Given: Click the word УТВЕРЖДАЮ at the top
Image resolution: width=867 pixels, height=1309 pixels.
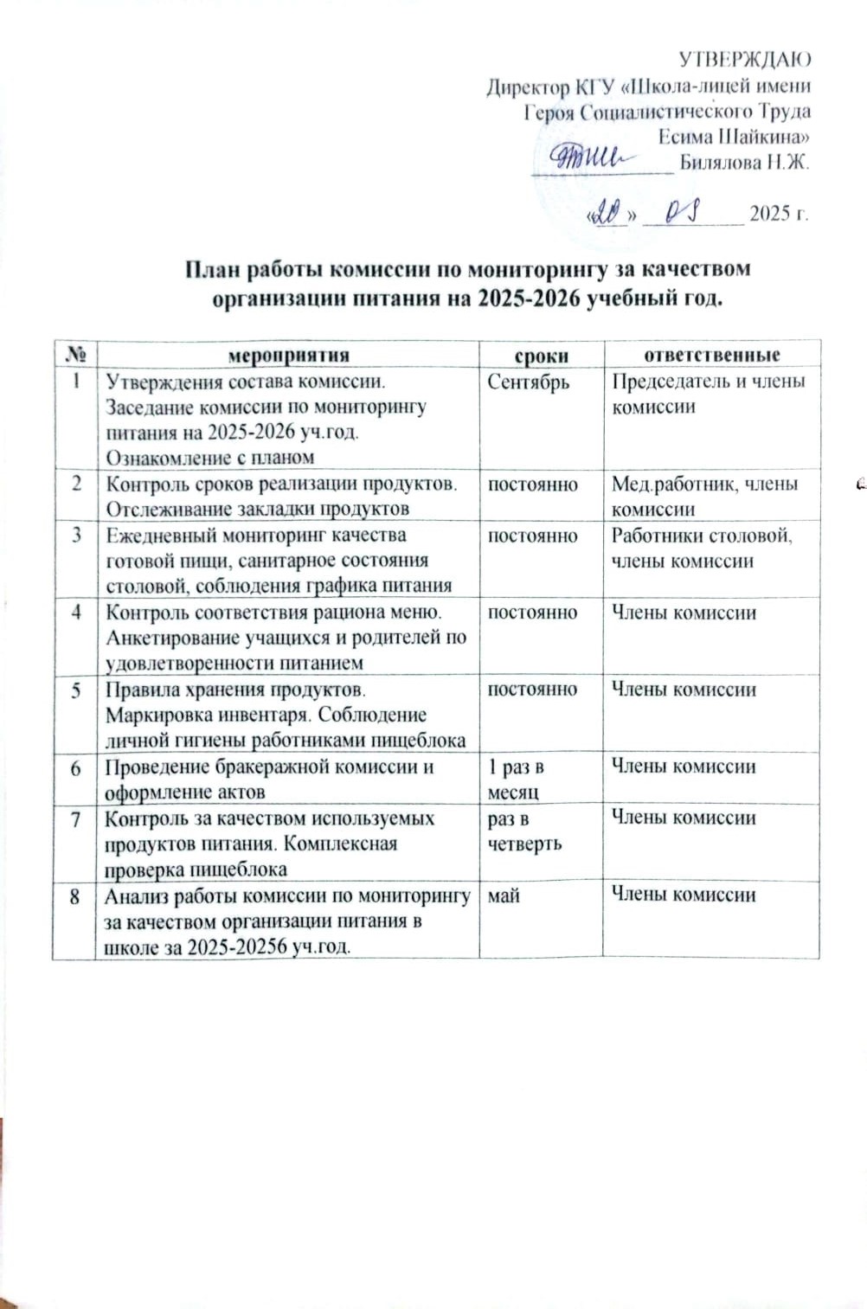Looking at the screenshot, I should coord(744,60).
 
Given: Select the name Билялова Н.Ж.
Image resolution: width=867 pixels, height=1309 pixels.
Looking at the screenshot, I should coord(744,163).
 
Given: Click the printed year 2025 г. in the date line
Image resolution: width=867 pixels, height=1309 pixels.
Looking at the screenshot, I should coord(778,214).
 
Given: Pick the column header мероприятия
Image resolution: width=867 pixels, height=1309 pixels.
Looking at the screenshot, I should coord(288,355).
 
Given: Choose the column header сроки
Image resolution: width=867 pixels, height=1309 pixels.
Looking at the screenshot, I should coord(541,356).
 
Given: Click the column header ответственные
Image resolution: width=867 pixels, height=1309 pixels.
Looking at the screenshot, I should coord(711,355).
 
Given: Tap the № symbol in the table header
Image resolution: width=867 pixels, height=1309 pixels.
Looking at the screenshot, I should coord(75,355).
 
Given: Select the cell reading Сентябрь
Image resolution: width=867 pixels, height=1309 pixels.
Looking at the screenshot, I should coord(528,382).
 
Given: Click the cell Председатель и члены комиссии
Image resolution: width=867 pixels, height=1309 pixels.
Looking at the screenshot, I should coord(708,394).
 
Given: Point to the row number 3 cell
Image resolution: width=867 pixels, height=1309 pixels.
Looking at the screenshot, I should coord(76,536).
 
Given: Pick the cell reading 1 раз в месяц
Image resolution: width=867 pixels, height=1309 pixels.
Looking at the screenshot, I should coord(516,779).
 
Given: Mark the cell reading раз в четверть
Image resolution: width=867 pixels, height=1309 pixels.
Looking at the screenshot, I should coord(524,831).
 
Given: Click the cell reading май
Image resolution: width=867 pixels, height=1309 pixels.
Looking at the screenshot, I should coord(504,895).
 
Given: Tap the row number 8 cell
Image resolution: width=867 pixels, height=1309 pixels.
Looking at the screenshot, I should coord(75,896).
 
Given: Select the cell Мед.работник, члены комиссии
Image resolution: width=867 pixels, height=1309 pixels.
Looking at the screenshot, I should coord(704,496).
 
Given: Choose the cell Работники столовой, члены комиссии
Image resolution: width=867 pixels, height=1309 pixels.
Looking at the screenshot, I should coord(701,548).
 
